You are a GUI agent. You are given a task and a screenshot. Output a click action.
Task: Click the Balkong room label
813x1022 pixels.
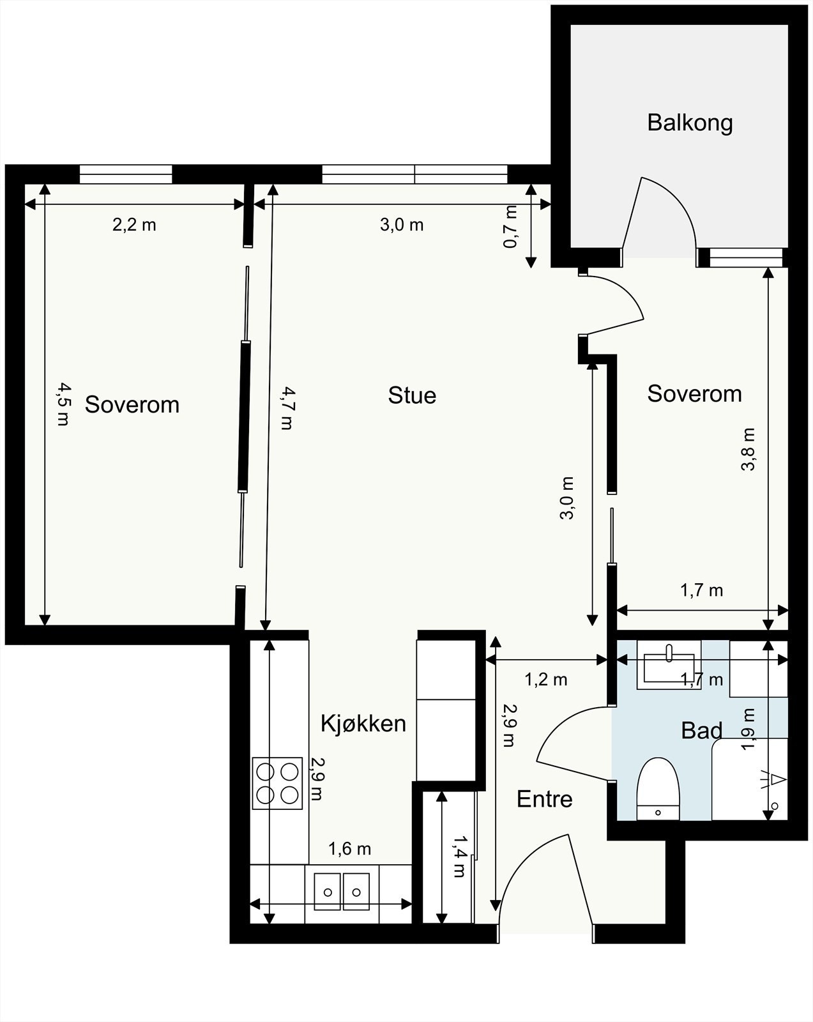(690, 122)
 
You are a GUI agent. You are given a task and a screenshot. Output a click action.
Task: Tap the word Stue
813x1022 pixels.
(412, 395)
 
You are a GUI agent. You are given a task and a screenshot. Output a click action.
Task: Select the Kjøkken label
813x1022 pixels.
(363, 723)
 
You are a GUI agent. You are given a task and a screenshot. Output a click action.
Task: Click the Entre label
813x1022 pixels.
(544, 798)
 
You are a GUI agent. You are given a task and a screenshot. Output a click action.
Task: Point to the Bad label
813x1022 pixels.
(701, 730)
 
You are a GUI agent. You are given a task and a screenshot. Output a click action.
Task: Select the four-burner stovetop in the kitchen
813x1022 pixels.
(278, 782)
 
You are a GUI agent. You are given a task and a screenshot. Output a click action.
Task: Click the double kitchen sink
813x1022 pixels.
(342, 891)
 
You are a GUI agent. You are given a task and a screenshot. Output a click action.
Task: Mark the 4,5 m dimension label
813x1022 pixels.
(63, 404)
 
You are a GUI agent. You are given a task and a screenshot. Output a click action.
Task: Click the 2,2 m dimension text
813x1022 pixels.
(134, 225)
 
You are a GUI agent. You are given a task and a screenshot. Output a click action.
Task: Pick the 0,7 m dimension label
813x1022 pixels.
(510, 227)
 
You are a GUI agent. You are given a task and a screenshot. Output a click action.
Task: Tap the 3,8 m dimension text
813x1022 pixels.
(748, 449)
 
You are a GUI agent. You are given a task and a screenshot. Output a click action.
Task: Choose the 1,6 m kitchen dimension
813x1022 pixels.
(349, 849)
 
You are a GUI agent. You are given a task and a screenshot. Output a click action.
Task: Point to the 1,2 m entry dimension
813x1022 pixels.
(545, 679)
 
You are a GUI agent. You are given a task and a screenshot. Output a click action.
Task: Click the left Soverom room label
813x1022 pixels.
(132, 404)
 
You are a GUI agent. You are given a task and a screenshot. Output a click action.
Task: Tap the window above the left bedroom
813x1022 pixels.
(126, 174)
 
